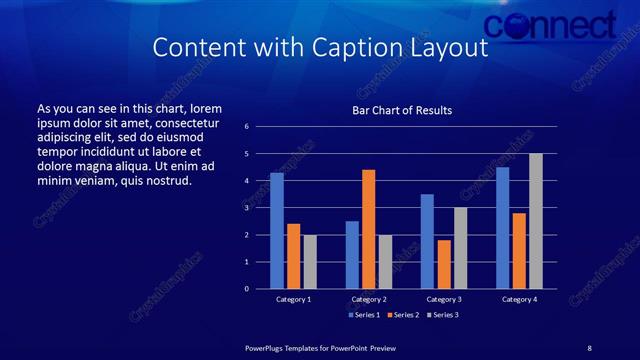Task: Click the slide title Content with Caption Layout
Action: (x=320, y=48)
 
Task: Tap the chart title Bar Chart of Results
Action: (x=402, y=110)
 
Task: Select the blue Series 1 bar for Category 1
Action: (x=277, y=231)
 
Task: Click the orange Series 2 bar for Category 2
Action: (x=368, y=229)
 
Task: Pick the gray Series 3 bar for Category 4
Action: (x=536, y=221)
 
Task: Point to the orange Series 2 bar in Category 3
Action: (x=444, y=264)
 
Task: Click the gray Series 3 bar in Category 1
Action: (x=310, y=262)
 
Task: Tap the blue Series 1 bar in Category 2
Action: (x=352, y=255)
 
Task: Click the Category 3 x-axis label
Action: (x=444, y=299)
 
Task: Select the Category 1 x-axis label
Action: (x=293, y=299)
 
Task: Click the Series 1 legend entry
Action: (x=364, y=315)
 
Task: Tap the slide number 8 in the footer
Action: (x=589, y=347)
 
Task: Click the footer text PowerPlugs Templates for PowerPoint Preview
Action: (x=321, y=347)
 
